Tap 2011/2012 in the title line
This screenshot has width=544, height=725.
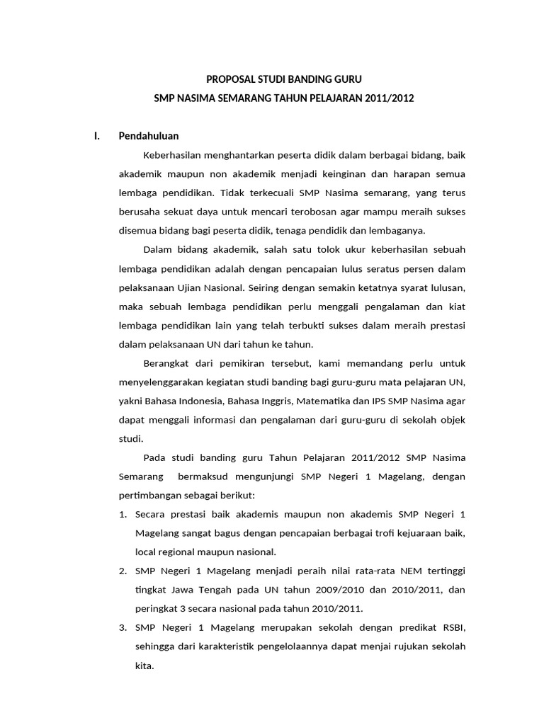click(390, 99)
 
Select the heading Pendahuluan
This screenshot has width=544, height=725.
click(149, 136)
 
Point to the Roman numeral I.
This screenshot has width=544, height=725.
click(97, 136)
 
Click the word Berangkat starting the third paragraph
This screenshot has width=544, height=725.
click(165, 364)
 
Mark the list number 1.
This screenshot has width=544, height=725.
click(122, 514)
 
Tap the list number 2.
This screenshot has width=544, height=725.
click(122, 571)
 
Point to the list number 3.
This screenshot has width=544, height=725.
click(122, 628)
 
